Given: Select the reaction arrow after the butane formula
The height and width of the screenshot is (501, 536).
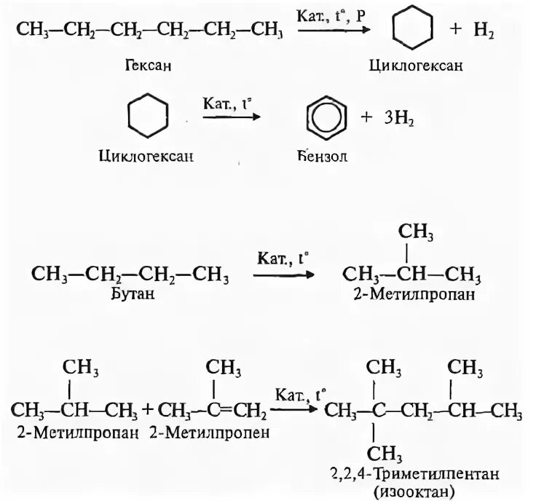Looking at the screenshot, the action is click(283, 275).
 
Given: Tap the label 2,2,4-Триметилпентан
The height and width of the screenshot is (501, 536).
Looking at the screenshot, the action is click(420, 474).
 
